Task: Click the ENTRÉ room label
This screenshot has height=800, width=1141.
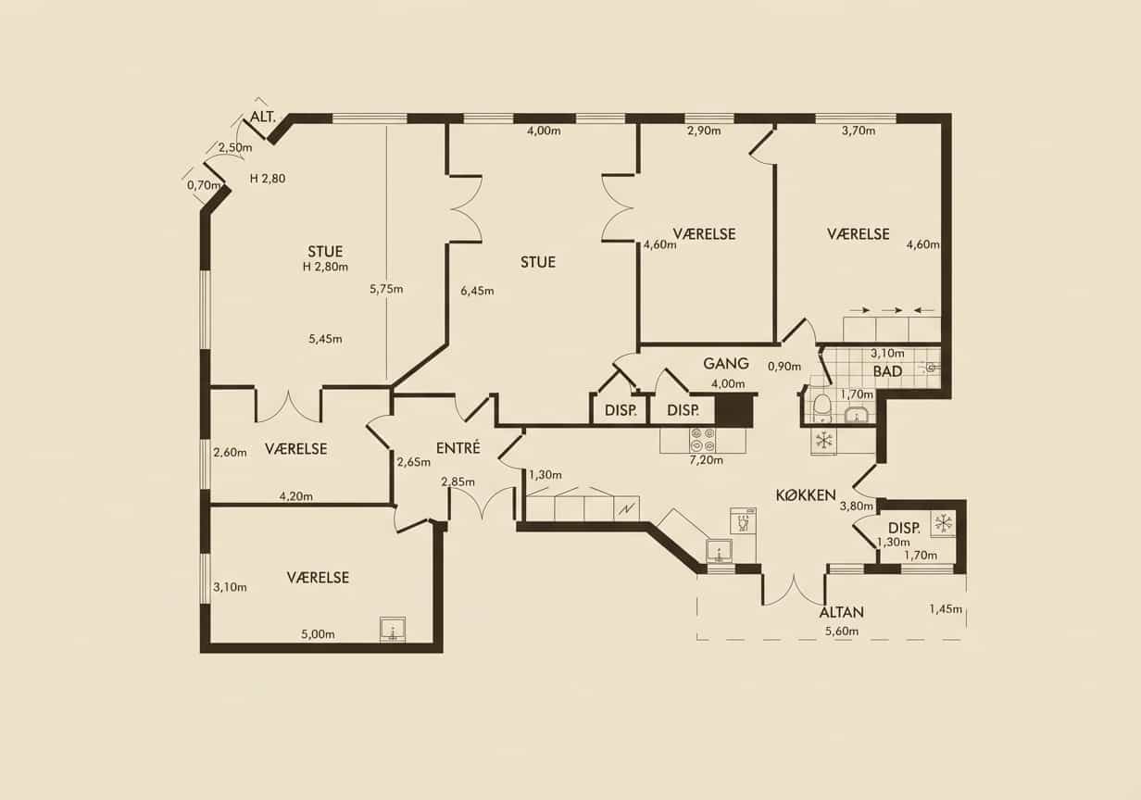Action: [458, 448]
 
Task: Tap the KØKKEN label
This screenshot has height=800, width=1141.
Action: [806, 494]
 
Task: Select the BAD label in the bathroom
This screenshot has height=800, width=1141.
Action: [887, 371]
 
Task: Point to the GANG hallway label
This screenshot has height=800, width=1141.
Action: [726, 364]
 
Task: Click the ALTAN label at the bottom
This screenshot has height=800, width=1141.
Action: [841, 612]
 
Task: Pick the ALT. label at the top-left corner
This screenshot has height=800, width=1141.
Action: [262, 118]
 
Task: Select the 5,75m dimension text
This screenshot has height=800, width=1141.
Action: [386, 289]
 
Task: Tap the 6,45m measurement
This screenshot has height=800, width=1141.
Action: [477, 291]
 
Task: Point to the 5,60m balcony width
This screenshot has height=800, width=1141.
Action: [842, 631]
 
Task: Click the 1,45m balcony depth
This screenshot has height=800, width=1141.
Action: [946, 608]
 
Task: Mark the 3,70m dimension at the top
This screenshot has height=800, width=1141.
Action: [859, 131]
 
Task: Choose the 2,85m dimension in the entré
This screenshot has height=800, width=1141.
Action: [458, 481]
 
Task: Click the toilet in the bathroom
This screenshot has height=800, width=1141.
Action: [821, 405]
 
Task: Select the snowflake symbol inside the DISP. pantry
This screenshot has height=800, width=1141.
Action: [943, 523]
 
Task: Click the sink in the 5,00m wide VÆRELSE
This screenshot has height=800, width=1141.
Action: [393, 630]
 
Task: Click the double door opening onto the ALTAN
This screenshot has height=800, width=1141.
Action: [794, 590]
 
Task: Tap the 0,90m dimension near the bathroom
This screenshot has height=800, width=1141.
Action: [784, 366]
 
